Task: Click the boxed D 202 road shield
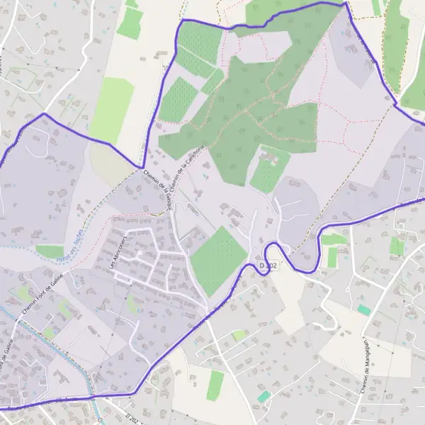[x=266, y=265]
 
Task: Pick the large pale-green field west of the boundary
[x=111, y=110]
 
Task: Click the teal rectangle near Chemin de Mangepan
[x=363, y=310]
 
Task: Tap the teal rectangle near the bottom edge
[x=263, y=397]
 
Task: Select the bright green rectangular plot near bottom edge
[x=215, y=385]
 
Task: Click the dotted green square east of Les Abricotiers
[x=219, y=261]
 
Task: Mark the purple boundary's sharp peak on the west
[x=44, y=113]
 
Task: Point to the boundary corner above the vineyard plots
[x=182, y=21]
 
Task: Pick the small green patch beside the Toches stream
[x=50, y=251]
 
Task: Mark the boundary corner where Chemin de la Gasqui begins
[x=142, y=168]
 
